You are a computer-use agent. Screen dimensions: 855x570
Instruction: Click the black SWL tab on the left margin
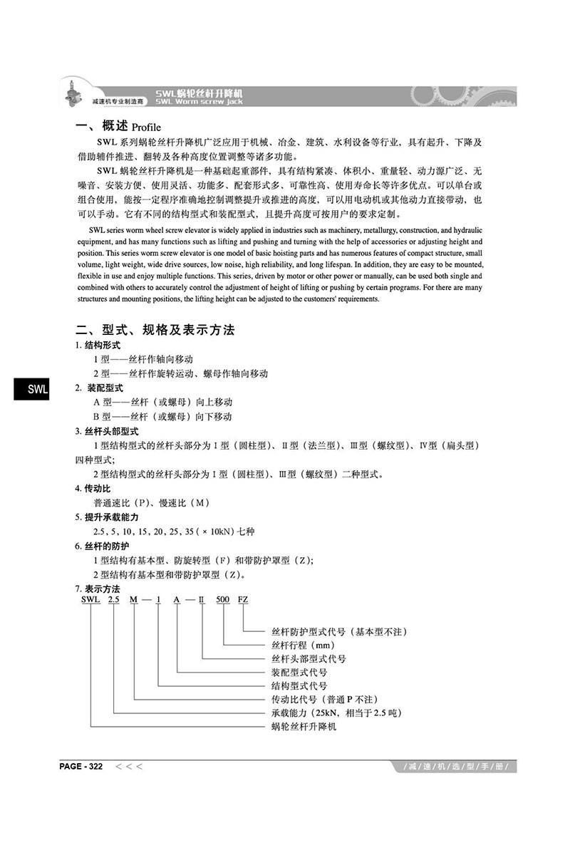click(30, 390)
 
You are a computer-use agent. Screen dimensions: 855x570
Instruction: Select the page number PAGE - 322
click(81, 767)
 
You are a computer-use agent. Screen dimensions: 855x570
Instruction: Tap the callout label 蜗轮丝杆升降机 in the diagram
click(304, 727)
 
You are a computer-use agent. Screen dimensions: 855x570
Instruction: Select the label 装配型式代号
click(299, 673)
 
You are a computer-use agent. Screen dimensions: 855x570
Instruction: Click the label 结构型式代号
click(299, 686)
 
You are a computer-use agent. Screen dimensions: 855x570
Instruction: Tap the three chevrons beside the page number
click(129, 767)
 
